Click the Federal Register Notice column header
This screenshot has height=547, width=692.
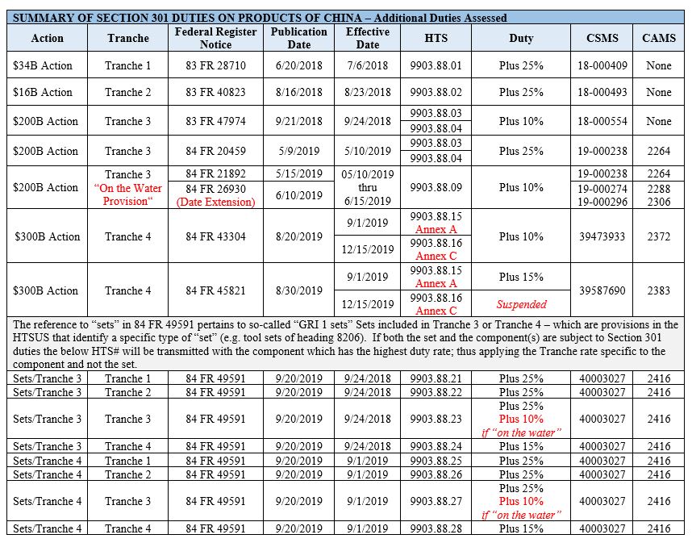coord(215,37)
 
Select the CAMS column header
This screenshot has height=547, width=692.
coord(659,38)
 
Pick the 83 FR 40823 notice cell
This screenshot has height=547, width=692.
coord(215,92)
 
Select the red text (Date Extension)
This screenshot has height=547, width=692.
coord(215,202)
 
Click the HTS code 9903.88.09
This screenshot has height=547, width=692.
coord(436,187)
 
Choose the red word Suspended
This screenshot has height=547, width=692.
coord(521,304)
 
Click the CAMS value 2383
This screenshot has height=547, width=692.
coord(659,290)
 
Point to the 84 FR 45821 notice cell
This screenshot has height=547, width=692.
coord(215,290)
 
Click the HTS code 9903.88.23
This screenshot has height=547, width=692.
coord(436,419)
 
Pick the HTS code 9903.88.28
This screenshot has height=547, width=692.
coord(436,528)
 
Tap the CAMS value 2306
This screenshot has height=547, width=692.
coord(659,202)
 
